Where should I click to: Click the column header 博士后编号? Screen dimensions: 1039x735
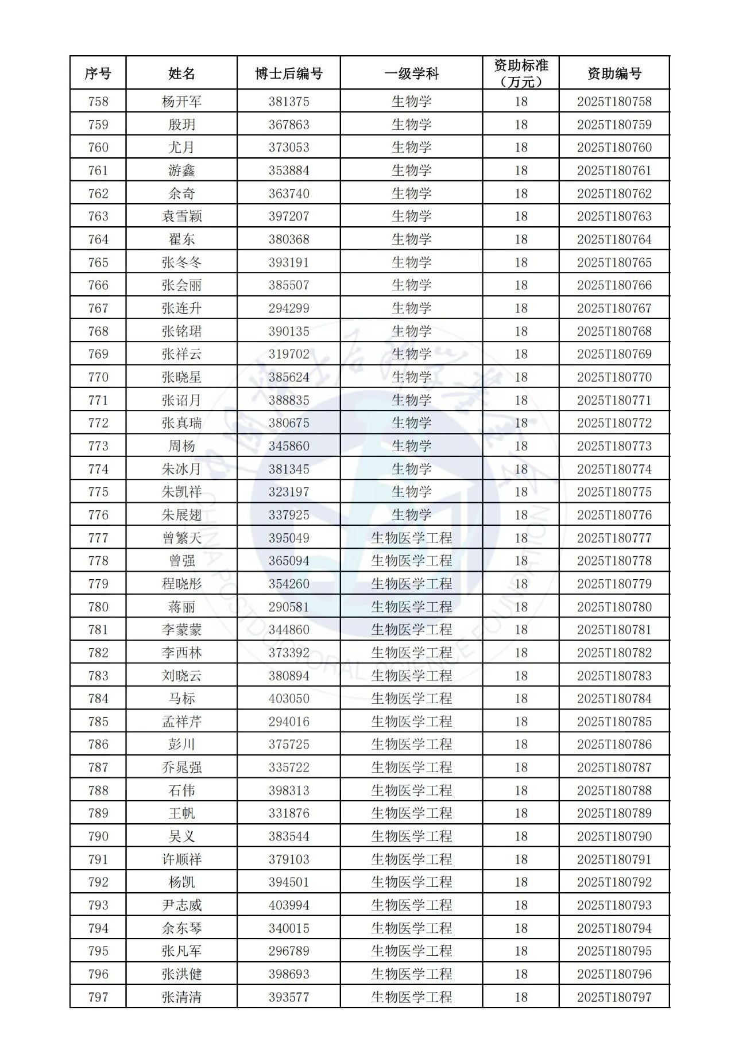pyautogui.click(x=289, y=73)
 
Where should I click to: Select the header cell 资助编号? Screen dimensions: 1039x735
pyautogui.click(x=614, y=73)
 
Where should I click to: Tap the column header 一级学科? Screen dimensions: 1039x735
pyautogui.click(x=411, y=73)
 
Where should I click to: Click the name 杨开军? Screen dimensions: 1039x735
pyautogui.click(x=181, y=102)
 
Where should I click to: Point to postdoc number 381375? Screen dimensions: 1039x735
pyautogui.click(x=289, y=102)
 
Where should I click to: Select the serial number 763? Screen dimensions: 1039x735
pyautogui.click(x=98, y=216)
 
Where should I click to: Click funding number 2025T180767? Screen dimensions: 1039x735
pyautogui.click(x=614, y=308)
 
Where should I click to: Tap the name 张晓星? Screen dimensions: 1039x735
pyautogui.click(x=181, y=377)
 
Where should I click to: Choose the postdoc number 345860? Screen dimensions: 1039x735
pyautogui.click(x=289, y=446)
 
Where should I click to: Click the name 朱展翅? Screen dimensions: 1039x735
pyautogui.click(x=181, y=515)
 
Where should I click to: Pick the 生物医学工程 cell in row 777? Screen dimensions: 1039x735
pyautogui.click(x=411, y=538)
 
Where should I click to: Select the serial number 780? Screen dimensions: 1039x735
pyautogui.click(x=98, y=607)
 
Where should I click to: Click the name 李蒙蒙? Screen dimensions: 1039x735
pyautogui.click(x=181, y=630)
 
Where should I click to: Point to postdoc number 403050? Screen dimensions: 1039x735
pyautogui.click(x=289, y=699)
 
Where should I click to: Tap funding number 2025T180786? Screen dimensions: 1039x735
pyautogui.click(x=614, y=745)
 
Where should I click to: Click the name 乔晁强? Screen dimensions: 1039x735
pyautogui.click(x=181, y=767)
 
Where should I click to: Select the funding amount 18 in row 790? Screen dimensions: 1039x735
pyautogui.click(x=521, y=836)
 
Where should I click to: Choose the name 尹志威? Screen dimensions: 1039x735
pyautogui.click(x=181, y=905)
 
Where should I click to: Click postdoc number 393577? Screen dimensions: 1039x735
pyautogui.click(x=289, y=997)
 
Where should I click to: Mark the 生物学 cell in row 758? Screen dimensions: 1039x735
pyautogui.click(x=411, y=102)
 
